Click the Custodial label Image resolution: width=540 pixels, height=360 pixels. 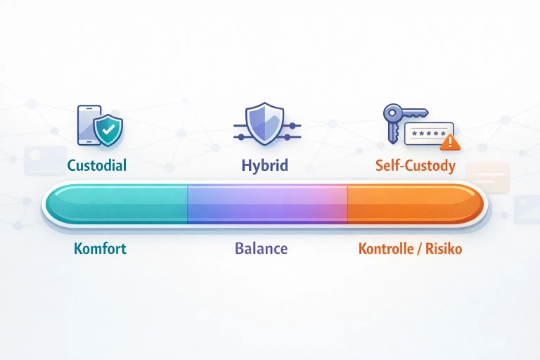[96, 166]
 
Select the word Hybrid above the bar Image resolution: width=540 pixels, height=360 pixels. [265, 166]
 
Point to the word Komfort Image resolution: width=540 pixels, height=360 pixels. [100, 249]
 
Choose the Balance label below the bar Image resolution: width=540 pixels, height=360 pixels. [261, 249]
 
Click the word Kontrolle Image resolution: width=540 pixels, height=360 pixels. [387, 249]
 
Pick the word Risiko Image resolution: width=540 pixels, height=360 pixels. [445, 249]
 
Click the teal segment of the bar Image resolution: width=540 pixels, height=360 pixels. [116, 203]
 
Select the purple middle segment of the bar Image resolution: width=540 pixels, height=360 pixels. [267, 203]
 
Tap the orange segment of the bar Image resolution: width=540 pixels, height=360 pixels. [415, 203]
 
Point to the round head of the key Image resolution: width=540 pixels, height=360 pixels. [392, 113]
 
